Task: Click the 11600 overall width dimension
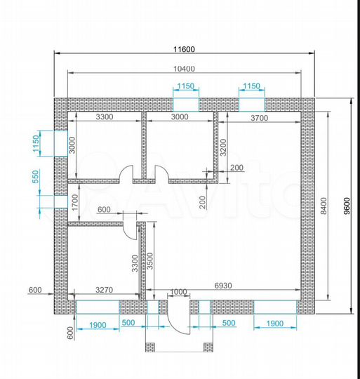[184, 49]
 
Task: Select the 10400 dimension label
[184, 69]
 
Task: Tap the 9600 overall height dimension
[347, 206]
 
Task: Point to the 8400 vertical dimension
[324, 206]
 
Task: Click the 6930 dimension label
[223, 286]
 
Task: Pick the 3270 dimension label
[104, 290]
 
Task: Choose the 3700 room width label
[259, 118]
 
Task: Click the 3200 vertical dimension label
[223, 147]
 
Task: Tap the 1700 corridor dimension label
[75, 202]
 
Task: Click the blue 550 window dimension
[35, 177]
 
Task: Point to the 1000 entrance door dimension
[178, 292]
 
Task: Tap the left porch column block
[150, 347]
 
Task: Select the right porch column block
[208, 347]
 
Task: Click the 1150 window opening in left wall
[60, 144]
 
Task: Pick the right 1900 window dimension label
[274, 324]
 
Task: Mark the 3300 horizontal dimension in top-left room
[105, 117]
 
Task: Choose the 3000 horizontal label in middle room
[180, 117]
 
